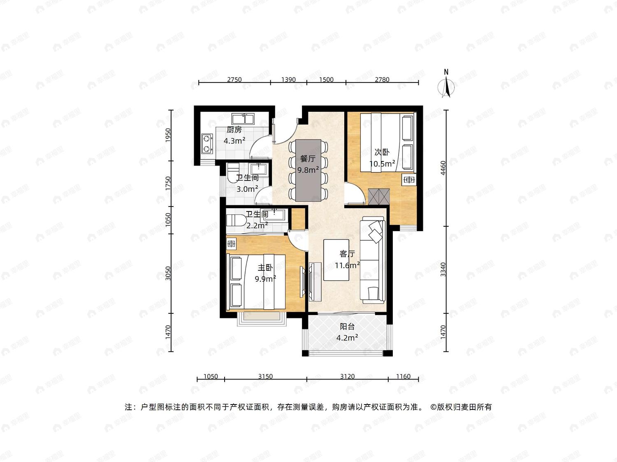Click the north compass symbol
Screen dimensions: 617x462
point(446,86)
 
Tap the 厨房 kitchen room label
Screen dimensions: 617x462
point(234,130)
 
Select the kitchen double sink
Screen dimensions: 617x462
point(243,119)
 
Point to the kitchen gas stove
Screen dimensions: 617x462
point(207,143)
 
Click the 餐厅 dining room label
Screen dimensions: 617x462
point(308,159)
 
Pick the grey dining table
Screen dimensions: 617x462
point(308,170)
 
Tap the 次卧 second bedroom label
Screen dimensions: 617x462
point(382,152)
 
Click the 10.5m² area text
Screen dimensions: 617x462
point(382,163)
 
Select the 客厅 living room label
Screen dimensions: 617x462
point(347,254)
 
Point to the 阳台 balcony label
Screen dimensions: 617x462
point(347,326)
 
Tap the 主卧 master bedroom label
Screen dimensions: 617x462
point(265,268)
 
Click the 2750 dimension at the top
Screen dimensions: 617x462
point(234,80)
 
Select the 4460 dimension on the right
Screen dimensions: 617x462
point(443,168)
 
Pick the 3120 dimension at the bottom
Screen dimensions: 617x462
point(348,377)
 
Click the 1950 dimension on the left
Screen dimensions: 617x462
point(168,135)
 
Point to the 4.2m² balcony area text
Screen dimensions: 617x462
point(347,338)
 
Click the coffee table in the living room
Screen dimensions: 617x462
point(336,260)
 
